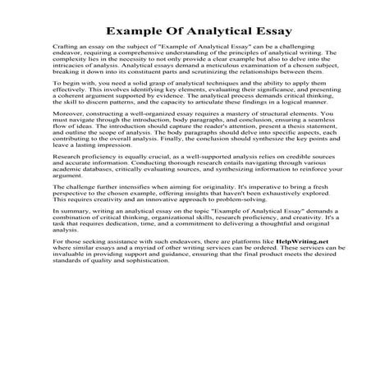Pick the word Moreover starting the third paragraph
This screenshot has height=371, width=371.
pos(66,131)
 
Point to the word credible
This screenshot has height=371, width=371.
pos(280,178)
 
